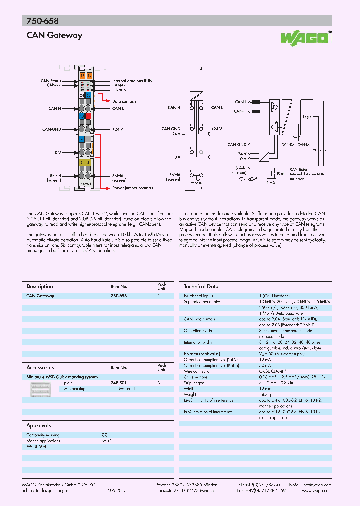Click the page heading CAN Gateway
pyautogui.click(x=54, y=35)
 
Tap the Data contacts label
pyautogui.click(x=124, y=101)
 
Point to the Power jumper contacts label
pyautogui.click(x=133, y=188)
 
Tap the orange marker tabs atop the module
pyautogui.click(x=86, y=75)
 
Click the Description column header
pyautogui.click(x=39, y=286)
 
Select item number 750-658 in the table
pyautogui.click(x=118, y=296)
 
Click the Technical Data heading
pyautogui.click(x=201, y=286)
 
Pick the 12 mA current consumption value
pyautogui.click(x=265, y=359)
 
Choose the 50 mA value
pyautogui.click(x=265, y=365)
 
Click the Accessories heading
pyautogui.click(x=40, y=367)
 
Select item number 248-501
pyautogui.click(x=118, y=383)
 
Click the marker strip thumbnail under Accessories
pyautogui.click(x=40, y=390)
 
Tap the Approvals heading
pyautogui.click(x=38, y=426)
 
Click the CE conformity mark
pyautogui.click(x=104, y=435)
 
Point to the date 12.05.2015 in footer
pyautogui.click(x=115, y=491)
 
